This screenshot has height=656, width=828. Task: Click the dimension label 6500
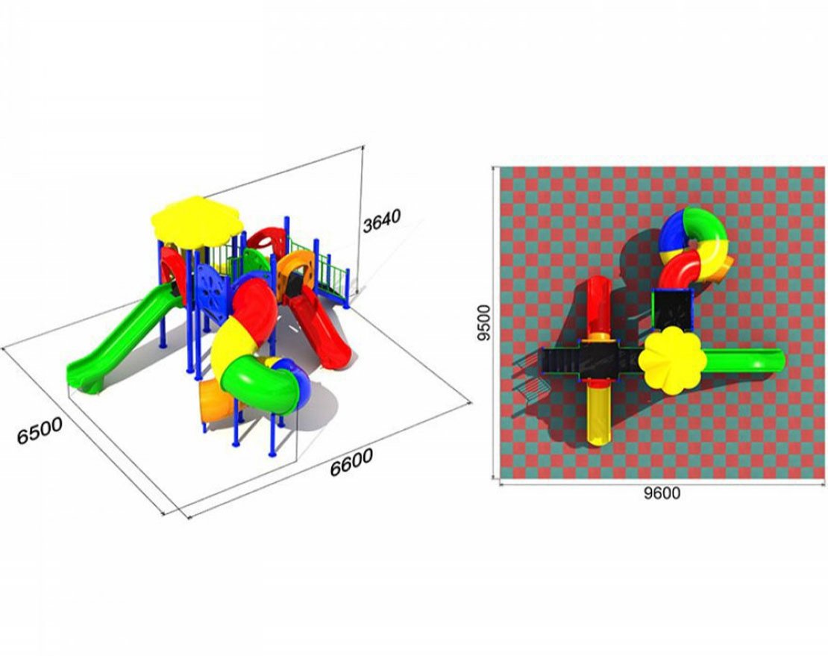point(40,431)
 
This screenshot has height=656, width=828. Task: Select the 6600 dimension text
point(351,462)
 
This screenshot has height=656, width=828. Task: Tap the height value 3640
point(382,220)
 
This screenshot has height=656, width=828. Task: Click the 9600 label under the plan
point(662,493)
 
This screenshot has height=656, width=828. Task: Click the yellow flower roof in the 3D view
point(197,222)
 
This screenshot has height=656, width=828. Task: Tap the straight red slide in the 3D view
point(319,328)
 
